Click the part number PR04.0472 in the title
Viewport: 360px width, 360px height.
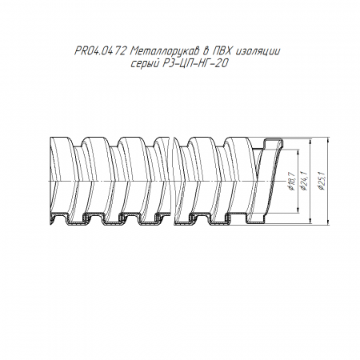[x=100, y=51]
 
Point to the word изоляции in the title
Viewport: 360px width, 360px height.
[x=258, y=51]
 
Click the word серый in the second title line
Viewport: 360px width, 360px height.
[x=144, y=64]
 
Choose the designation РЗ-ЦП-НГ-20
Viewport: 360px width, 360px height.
[x=195, y=64]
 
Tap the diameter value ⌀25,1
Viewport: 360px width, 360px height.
[x=322, y=180]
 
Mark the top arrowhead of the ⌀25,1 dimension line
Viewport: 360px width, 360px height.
[x=329, y=138]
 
